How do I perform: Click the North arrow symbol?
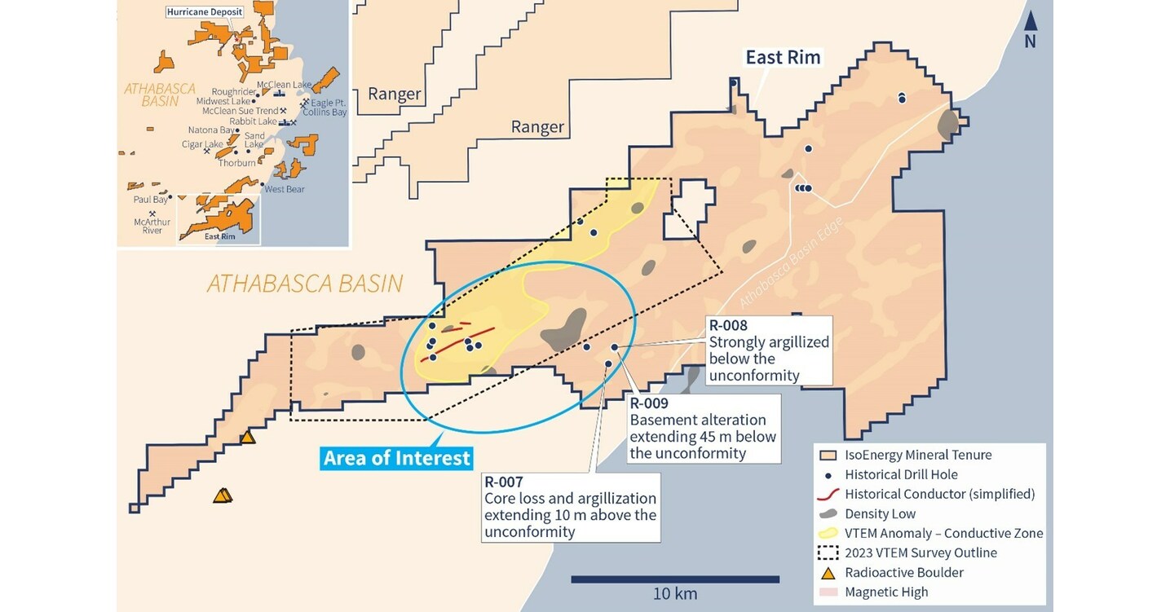[1031, 23]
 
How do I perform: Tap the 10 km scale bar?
[674, 579]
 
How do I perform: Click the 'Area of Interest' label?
[397, 458]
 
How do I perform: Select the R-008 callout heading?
[728, 325]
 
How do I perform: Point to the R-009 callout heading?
[649, 403]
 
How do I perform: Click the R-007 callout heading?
[503, 482]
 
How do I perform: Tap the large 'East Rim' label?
[783, 57]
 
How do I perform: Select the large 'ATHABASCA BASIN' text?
[305, 284]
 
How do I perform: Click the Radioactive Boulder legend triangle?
[828, 572]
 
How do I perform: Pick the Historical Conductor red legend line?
[828, 495]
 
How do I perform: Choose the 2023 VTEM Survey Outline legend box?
[828, 553]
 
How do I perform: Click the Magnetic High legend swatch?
[828, 592]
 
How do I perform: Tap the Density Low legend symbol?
[828, 514]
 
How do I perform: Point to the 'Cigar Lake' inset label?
[202, 144]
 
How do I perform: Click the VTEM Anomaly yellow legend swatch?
[828, 533]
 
